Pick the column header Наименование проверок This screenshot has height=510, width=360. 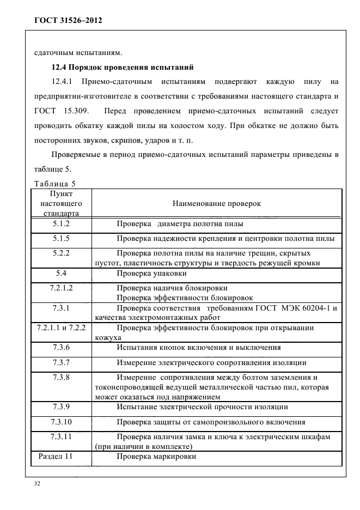[216, 203]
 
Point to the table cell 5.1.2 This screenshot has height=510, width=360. [61, 224]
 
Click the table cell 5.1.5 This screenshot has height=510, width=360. [61, 239]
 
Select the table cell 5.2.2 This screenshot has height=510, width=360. [61, 253]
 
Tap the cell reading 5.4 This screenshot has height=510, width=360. [61, 273]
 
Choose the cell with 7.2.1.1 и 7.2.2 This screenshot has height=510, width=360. [61, 329]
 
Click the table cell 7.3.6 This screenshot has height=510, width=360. [61, 348]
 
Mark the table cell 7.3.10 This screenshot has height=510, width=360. [61, 422]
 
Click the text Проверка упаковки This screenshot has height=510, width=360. [151, 273]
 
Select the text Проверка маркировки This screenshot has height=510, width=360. [156, 457]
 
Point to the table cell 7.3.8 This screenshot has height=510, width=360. [61, 377]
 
